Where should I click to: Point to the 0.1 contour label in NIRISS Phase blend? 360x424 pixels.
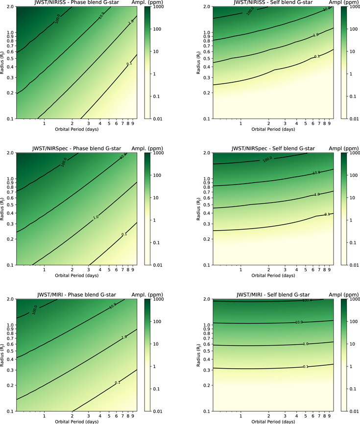115,64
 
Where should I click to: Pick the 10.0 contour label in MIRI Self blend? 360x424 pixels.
299,322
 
